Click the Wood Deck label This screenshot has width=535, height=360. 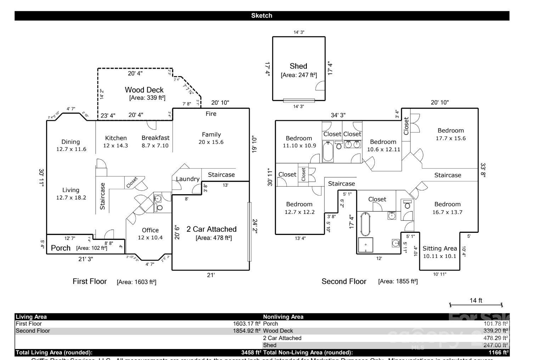point(144,90)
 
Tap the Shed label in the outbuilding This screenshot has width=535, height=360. point(298,66)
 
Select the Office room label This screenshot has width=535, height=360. point(150,230)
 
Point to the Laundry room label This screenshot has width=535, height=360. point(187,179)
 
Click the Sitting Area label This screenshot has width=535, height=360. point(440,248)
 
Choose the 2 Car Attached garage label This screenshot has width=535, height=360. point(212,229)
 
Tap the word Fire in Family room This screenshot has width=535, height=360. point(211,114)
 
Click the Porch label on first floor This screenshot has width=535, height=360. point(61,248)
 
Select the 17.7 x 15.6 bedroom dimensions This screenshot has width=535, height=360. point(451,138)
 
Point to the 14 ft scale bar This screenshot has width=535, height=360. point(476,304)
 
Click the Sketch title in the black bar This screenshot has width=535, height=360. point(262,16)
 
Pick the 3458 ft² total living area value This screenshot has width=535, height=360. point(251,353)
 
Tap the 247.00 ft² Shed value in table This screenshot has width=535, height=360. point(496,345)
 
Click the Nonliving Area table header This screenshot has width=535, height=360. point(283,317)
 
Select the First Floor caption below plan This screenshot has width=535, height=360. point(90,281)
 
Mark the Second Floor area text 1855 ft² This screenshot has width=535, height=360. point(398,282)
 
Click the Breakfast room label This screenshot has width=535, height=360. point(156,138)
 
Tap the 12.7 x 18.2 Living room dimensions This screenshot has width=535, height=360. point(71,198)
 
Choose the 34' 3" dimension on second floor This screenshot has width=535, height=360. point(338,115)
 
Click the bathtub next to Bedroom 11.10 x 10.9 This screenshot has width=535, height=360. point(328,152)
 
